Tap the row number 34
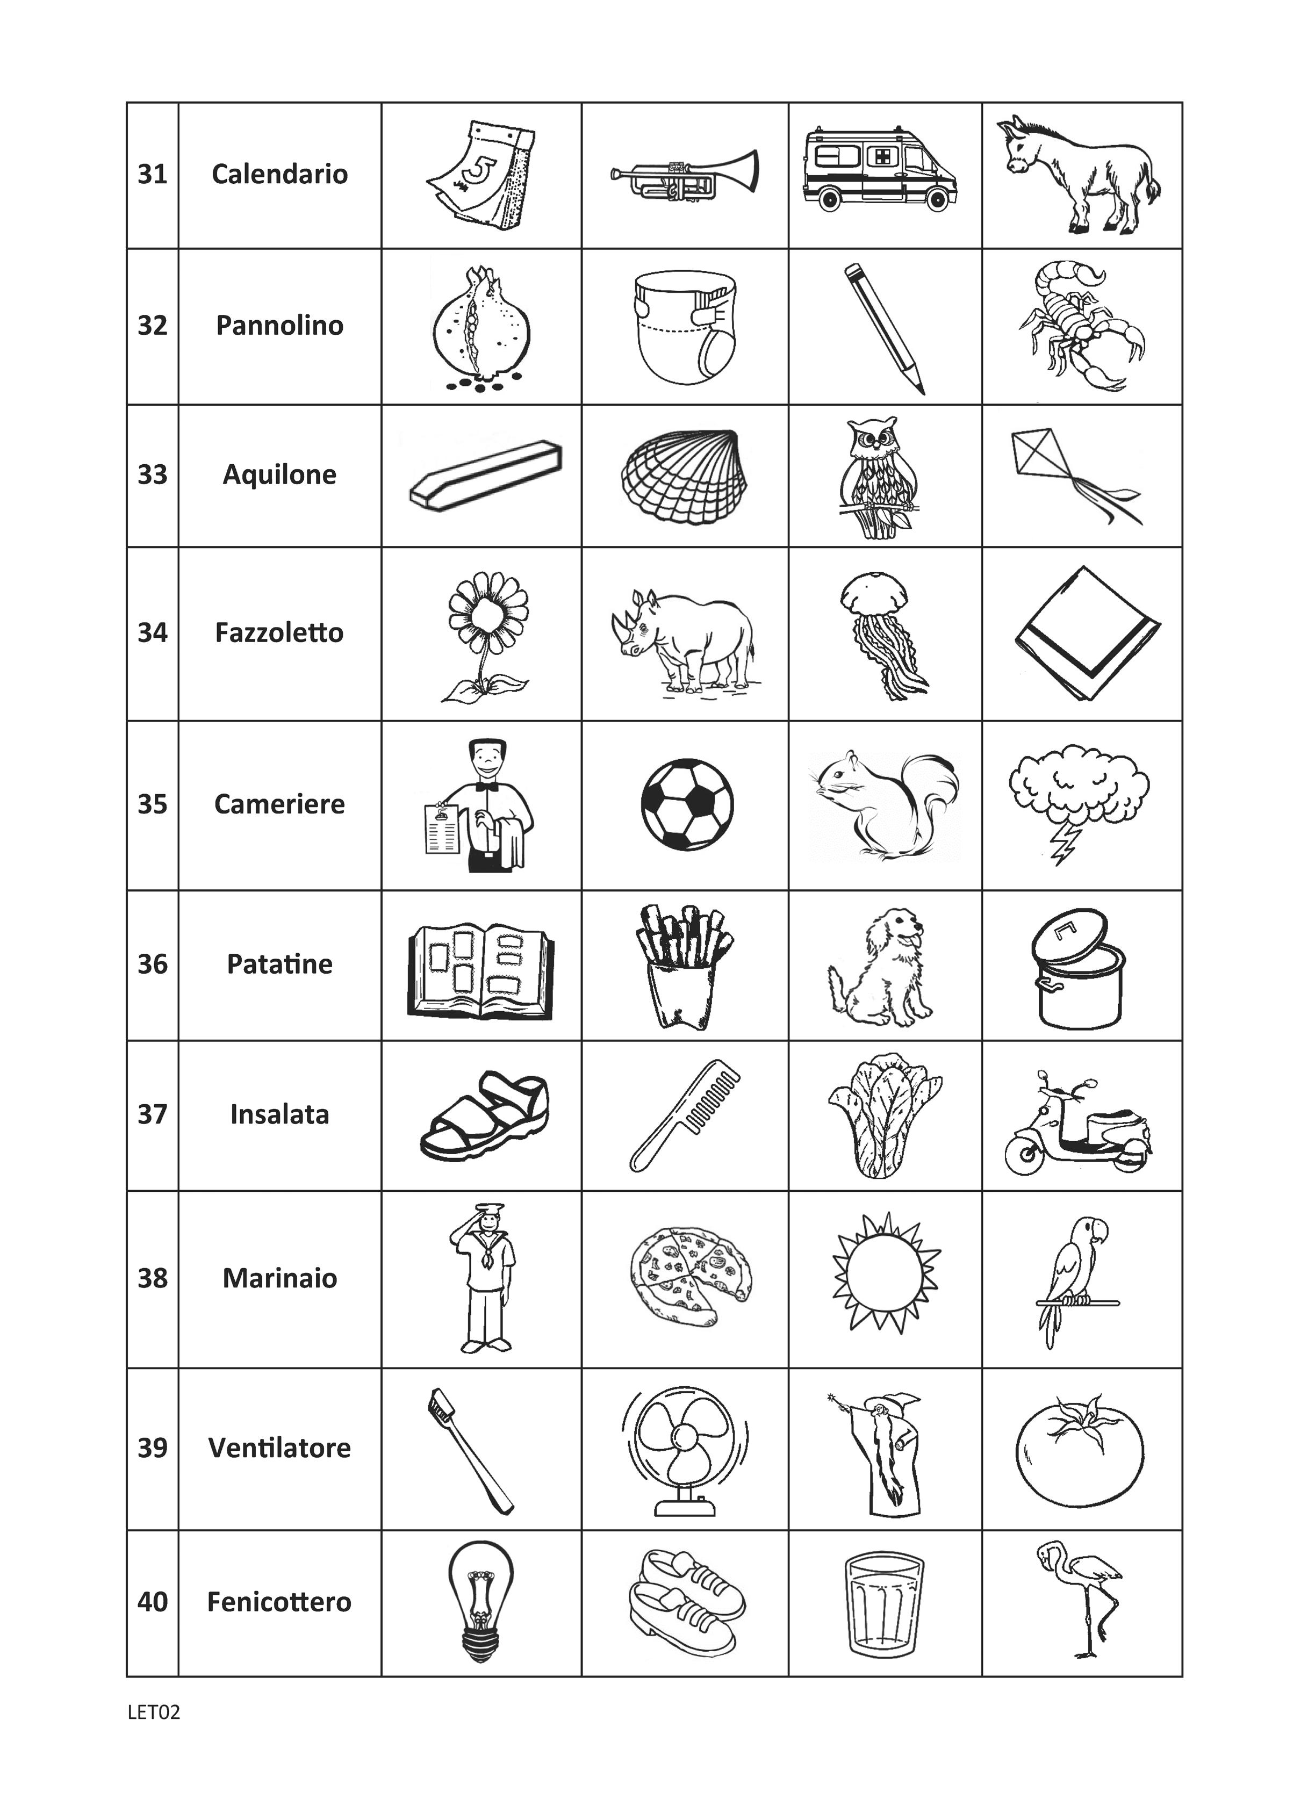click(152, 632)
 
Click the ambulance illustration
click(880, 170)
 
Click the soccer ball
click(687, 805)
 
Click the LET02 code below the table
click(154, 1711)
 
